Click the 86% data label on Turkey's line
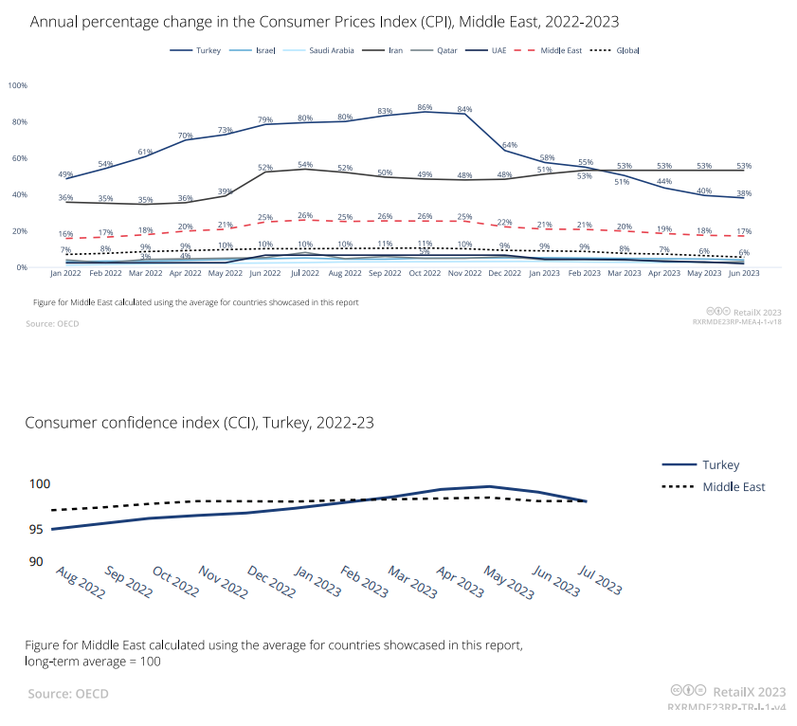[x=425, y=107]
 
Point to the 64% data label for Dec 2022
[x=509, y=145]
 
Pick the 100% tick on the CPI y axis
[x=17, y=85]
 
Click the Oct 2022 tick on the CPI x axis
[x=425, y=273]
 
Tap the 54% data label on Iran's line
[x=305, y=165]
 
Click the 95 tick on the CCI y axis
[x=36, y=529]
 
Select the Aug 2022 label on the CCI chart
[x=79, y=581]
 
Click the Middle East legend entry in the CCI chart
[x=734, y=487]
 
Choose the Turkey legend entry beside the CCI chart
[x=720, y=464]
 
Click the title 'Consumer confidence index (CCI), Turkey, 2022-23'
[x=199, y=423]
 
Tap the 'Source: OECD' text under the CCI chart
[x=68, y=694]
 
